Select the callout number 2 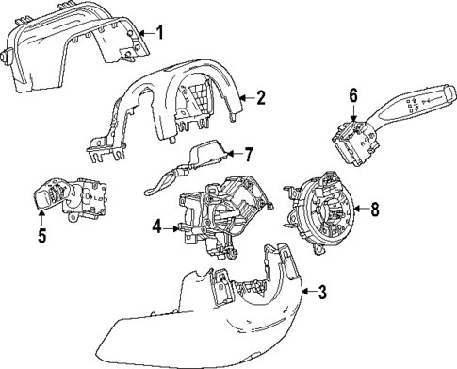(x=261, y=96)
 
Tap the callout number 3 (x=322, y=293)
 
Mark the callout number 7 (x=249, y=152)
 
